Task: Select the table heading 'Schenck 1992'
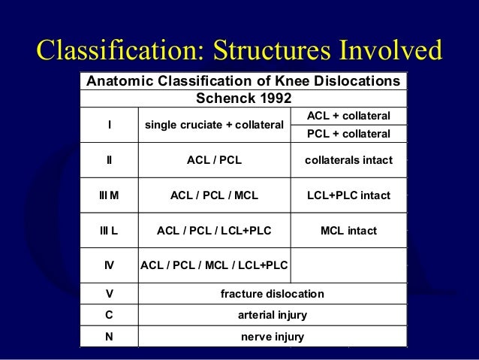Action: click(243, 98)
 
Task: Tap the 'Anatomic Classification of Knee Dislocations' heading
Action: click(243, 80)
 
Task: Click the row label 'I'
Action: click(110, 125)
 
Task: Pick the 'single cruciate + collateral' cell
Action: click(214, 125)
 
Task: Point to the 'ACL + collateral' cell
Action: click(348, 116)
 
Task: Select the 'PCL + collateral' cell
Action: click(348, 134)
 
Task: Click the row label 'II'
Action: click(110, 159)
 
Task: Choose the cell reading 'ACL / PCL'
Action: click(214, 159)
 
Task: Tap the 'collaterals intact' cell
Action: click(348, 159)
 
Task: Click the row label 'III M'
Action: click(110, 195)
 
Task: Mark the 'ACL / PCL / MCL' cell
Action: click(214, 195)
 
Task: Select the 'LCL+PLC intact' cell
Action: click(348, 195)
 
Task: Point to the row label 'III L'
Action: click(110, 231)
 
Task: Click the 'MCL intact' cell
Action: click(348, 231)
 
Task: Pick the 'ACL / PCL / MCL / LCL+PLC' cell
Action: click(214, 265)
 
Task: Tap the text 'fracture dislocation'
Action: click(272, 293)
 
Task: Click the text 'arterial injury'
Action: click(272, 315)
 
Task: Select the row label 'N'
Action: click(110, 337)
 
